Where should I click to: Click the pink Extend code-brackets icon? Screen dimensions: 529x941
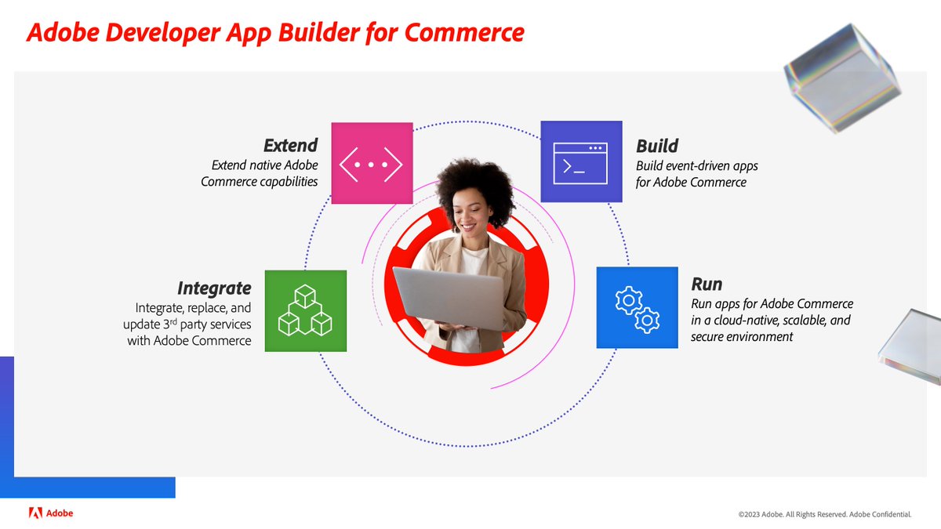372,163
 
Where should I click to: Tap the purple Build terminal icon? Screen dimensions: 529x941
581,161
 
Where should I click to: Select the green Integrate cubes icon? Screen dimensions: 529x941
305,310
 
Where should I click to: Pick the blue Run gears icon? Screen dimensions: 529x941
637,307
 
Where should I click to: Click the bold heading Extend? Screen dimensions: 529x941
290,146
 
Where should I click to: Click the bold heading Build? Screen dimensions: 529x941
657,146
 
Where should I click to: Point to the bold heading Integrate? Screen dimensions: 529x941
214,288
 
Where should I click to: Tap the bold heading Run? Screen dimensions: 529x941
706,284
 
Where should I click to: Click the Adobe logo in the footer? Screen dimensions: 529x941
51,513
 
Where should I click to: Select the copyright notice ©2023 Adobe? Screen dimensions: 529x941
824,515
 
